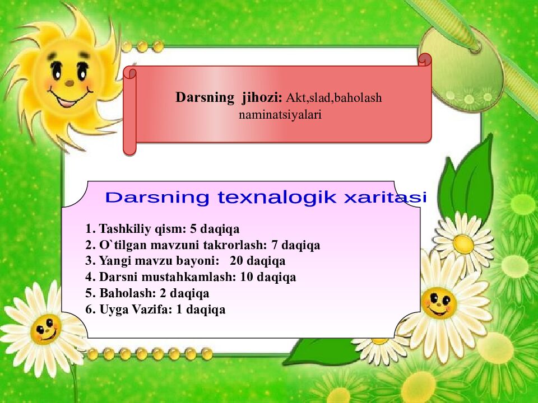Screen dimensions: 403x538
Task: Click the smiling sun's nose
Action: coord(69,82)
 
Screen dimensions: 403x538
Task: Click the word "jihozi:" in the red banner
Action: coord(262,97)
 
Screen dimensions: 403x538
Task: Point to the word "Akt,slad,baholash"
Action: coord(334,98)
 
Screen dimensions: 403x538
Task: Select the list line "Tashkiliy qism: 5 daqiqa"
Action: coord(163,229)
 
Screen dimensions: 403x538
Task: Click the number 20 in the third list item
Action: coord(236,261)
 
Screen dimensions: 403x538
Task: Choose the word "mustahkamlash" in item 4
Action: coord(196,277)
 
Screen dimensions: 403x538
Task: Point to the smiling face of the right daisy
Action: coord(438,303)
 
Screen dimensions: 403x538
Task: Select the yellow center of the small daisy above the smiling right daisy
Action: coord(463,243)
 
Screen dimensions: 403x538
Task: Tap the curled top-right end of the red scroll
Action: coord(425,59)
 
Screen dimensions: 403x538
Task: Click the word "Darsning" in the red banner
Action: coord(205,97)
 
